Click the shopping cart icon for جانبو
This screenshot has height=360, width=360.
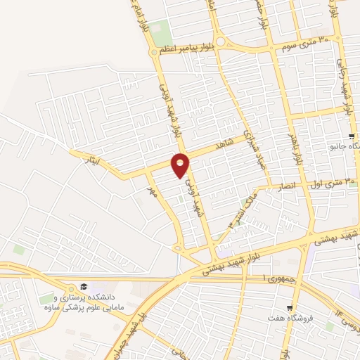(352, 135)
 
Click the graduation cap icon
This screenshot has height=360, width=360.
(83, 286)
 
